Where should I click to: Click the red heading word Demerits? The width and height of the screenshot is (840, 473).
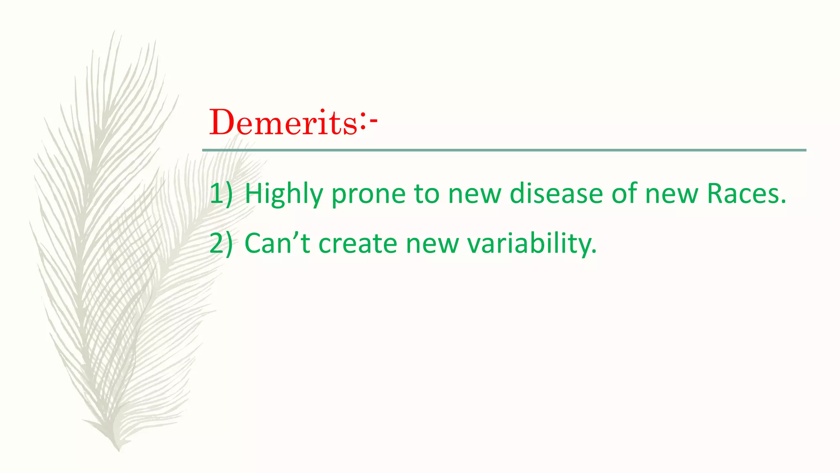283,122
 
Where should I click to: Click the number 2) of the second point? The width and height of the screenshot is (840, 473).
221,243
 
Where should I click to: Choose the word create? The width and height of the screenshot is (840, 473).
358,243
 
